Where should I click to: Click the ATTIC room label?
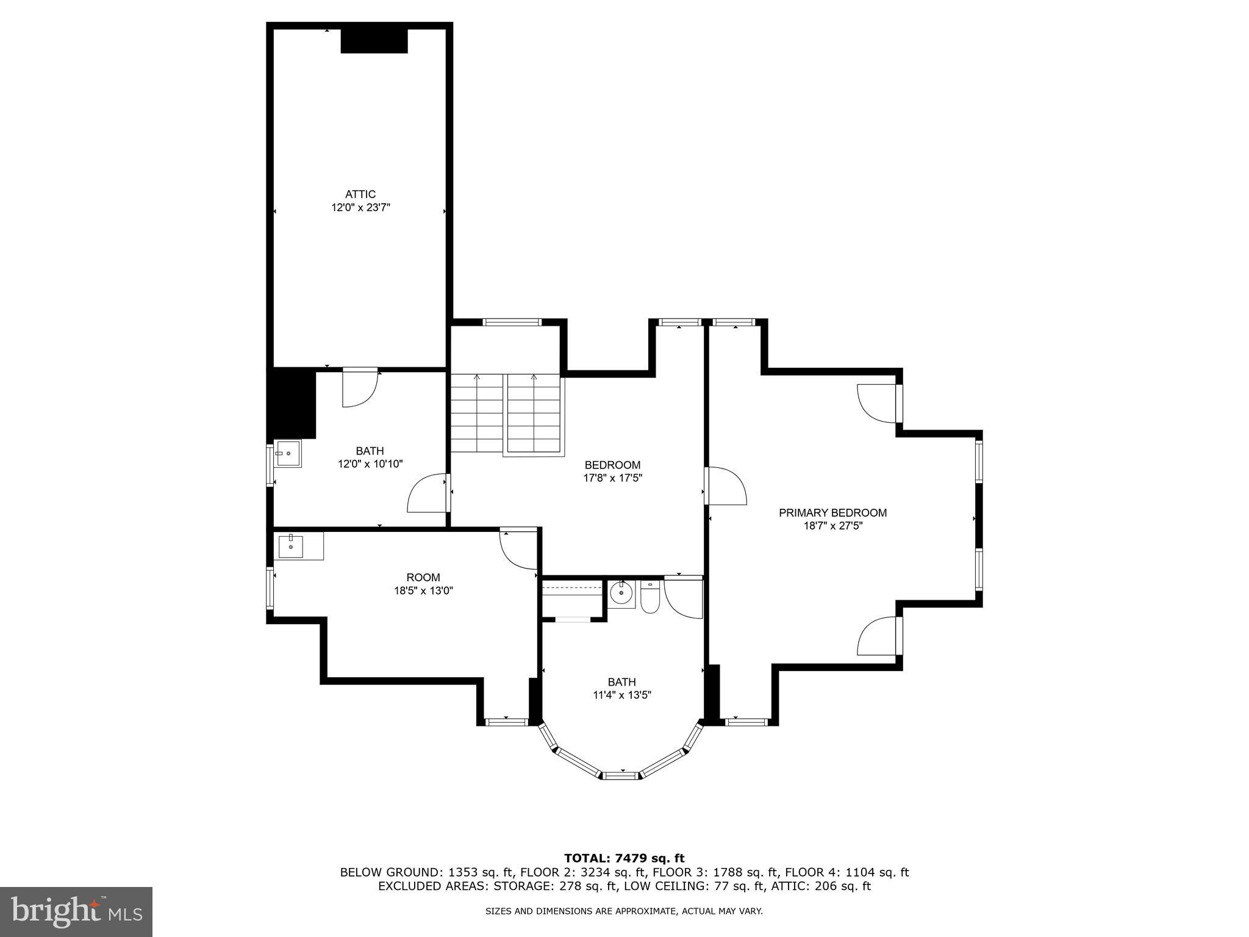point(360,195)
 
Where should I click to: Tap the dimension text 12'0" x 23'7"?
point(360,208)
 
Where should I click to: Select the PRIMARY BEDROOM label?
point(832,513)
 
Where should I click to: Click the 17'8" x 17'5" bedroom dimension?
point(612,478)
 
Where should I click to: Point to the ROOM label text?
point(423,578)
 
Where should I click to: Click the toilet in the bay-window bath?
point(650,597)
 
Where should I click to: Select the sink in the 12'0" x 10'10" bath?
point(287,454)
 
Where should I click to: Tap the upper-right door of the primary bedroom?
point(878,403)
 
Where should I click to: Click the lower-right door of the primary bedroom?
point(878,636)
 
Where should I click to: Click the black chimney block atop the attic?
point(374,41)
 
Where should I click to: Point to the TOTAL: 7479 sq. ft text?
point(624,859)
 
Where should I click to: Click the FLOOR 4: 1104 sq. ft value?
point(846,872)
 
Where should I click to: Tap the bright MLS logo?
point(76,911)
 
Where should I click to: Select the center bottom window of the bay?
point(621,775)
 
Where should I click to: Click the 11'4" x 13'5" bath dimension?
point(621,695)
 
